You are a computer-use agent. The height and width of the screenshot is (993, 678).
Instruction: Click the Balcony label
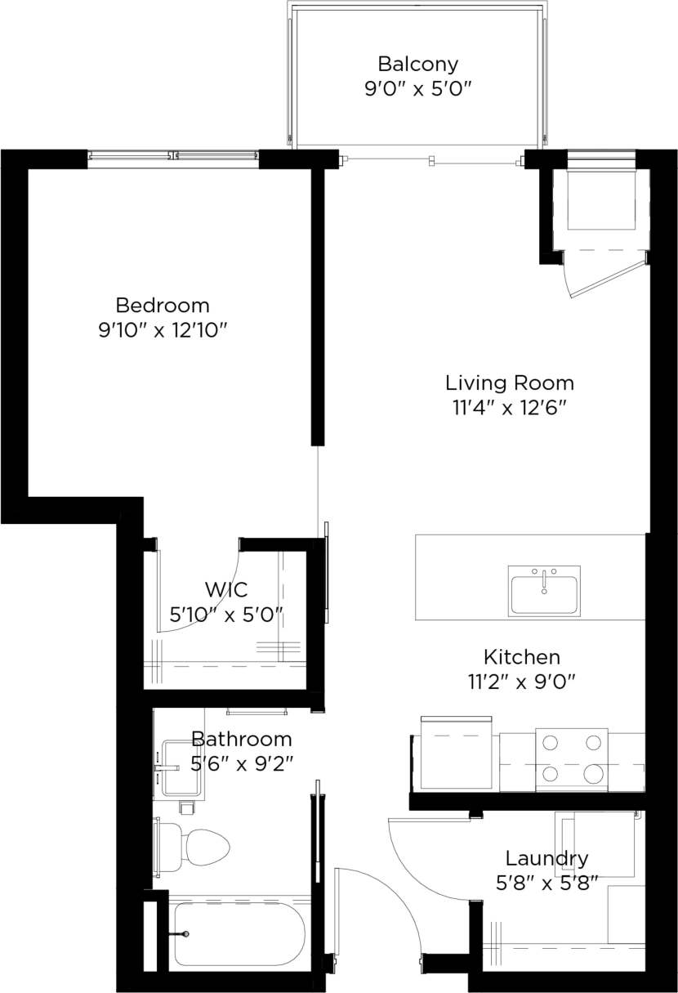click(x=417, y=64)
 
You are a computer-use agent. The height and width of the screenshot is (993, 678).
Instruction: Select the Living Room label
click(x=509, y=382)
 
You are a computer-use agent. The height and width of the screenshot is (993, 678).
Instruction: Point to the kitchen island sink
click(x=544, y=590)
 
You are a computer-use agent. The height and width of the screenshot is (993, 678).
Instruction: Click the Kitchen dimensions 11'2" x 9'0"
click(x=521, y=682)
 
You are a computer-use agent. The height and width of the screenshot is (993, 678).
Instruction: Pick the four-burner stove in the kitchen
click(x=572, y=759)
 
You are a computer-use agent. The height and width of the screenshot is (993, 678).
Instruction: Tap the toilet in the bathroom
click(x=196, y=848)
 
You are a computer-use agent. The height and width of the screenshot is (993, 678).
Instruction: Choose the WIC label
click(x=226, y=589)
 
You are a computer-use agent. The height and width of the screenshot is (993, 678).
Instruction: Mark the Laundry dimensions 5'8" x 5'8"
click(x=546, y=882)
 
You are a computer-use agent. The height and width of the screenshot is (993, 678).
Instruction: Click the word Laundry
click(x=546, y=859)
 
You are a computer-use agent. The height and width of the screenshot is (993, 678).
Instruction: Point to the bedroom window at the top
click(x=173, y=155)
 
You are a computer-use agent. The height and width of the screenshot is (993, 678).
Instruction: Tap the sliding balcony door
click(x=430, y=161)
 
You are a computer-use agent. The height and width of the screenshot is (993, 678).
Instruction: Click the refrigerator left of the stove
click(x=456, y=754)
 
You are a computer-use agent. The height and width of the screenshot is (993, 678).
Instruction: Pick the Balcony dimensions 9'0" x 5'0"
click(x=417, y=88)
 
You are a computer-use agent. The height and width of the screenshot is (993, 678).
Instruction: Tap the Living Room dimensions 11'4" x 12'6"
click(x=509, y=408)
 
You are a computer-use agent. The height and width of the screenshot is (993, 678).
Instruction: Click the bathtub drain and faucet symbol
click(x=185, y=933)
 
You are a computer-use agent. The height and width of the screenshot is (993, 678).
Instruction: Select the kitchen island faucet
click(x=544, y=576)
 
